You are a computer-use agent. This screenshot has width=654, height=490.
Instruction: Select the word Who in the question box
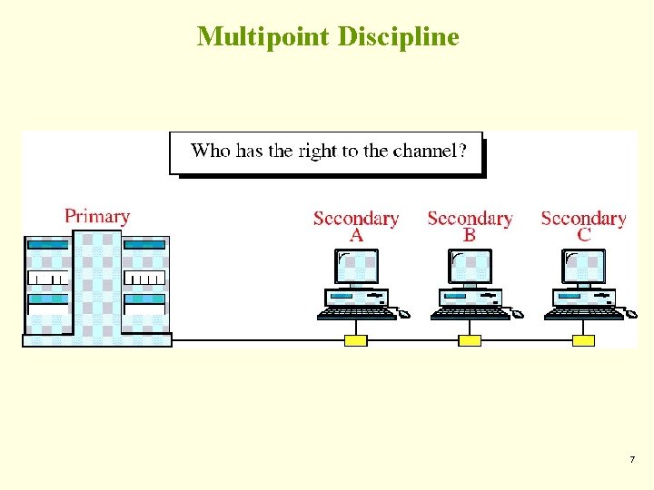tap(211, 152)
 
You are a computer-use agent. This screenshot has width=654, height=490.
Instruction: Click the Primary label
tap(97, 217)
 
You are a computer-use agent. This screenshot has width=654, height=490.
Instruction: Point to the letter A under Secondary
tap(356, 235)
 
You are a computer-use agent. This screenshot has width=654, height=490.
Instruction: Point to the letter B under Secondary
tap(470, 235)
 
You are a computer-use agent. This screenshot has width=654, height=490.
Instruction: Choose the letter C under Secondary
tap(583, 235)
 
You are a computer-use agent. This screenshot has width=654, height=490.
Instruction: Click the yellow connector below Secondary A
tap(356, 340)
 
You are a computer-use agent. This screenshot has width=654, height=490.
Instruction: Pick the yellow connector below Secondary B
tap(470, 340)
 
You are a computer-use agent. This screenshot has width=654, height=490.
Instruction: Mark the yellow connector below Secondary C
tap(583, 340)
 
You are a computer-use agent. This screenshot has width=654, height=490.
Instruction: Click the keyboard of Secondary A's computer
tap(355, 314)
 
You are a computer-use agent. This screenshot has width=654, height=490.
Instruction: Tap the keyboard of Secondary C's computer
tap(582, 314)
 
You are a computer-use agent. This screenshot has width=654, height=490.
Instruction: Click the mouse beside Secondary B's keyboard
tap(518, 315)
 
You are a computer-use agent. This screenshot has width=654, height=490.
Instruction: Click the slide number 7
tap(632, 460)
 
